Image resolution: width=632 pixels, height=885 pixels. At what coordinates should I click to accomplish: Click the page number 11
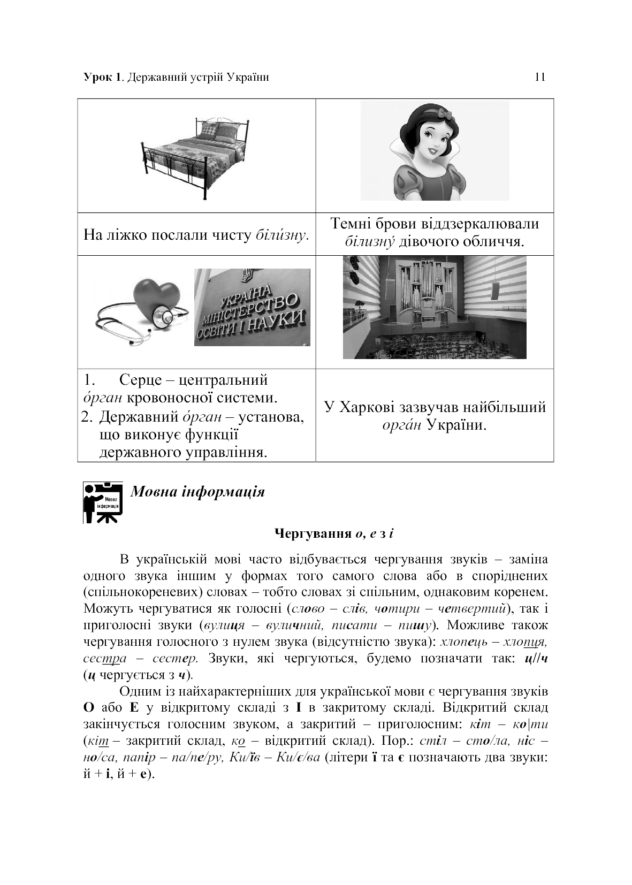coord(540,77)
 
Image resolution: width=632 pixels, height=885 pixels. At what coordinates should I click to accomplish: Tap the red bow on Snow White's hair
coord(445,114)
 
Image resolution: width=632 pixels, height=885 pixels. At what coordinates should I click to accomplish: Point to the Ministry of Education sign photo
coord(252,307)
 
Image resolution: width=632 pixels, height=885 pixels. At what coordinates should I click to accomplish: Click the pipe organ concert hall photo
coord(435,307)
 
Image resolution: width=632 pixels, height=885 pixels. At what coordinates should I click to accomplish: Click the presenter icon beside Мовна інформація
coord(103,502)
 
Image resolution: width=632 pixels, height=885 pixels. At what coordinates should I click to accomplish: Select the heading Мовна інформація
coord(197,491)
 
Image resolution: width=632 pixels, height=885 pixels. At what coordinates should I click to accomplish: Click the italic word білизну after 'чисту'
coord(282,235)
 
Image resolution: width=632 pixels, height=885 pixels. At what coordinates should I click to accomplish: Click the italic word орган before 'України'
coord(403,426)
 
